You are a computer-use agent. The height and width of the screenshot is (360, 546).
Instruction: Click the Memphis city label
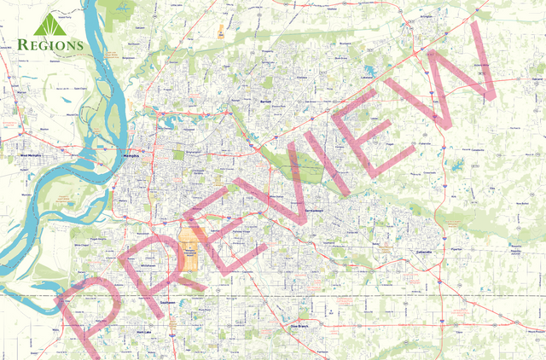click(131, 157)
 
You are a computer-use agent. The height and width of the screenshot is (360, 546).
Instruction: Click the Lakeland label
click(368, 75)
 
